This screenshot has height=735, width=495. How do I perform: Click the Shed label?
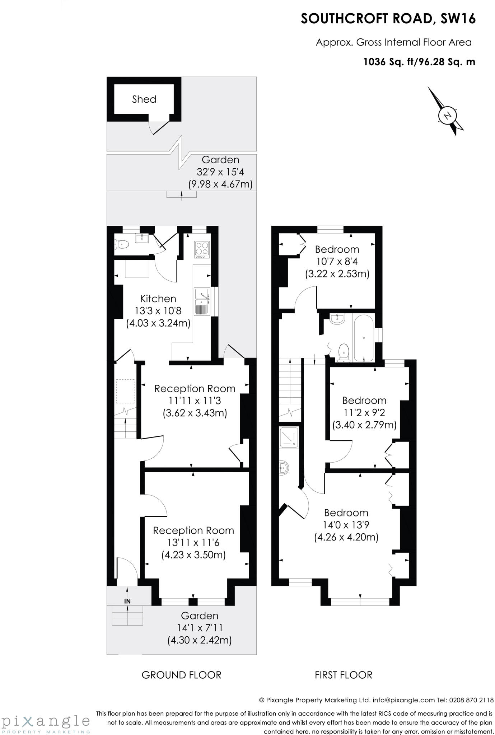(144, 99)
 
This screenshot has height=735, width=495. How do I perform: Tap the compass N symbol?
(447, 116)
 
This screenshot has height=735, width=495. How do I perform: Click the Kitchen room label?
(158, 299)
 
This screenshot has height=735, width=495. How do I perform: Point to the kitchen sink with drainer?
(202, 301)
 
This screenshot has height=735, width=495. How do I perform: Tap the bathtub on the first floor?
(364, 338)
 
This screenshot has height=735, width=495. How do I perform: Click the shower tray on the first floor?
(289, 437)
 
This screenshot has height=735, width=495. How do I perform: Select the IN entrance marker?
(127, 601)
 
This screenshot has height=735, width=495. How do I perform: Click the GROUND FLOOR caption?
(181, 675)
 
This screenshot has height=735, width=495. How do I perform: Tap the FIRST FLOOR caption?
(344, 675)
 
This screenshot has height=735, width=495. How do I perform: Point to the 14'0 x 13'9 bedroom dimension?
(346, 525)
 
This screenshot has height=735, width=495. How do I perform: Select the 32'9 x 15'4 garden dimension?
(220, 172)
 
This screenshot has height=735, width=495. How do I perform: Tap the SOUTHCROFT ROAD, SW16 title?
(388, 19)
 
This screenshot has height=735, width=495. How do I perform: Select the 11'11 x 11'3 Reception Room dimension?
(195, 401)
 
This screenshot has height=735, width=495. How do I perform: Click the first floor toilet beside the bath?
(344, 352)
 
